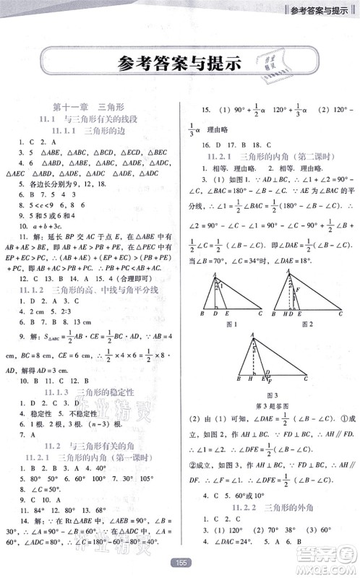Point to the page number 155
pyautogui.click(x=179, y=561)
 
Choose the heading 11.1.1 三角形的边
pyautogui.click(x=90, y=131)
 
